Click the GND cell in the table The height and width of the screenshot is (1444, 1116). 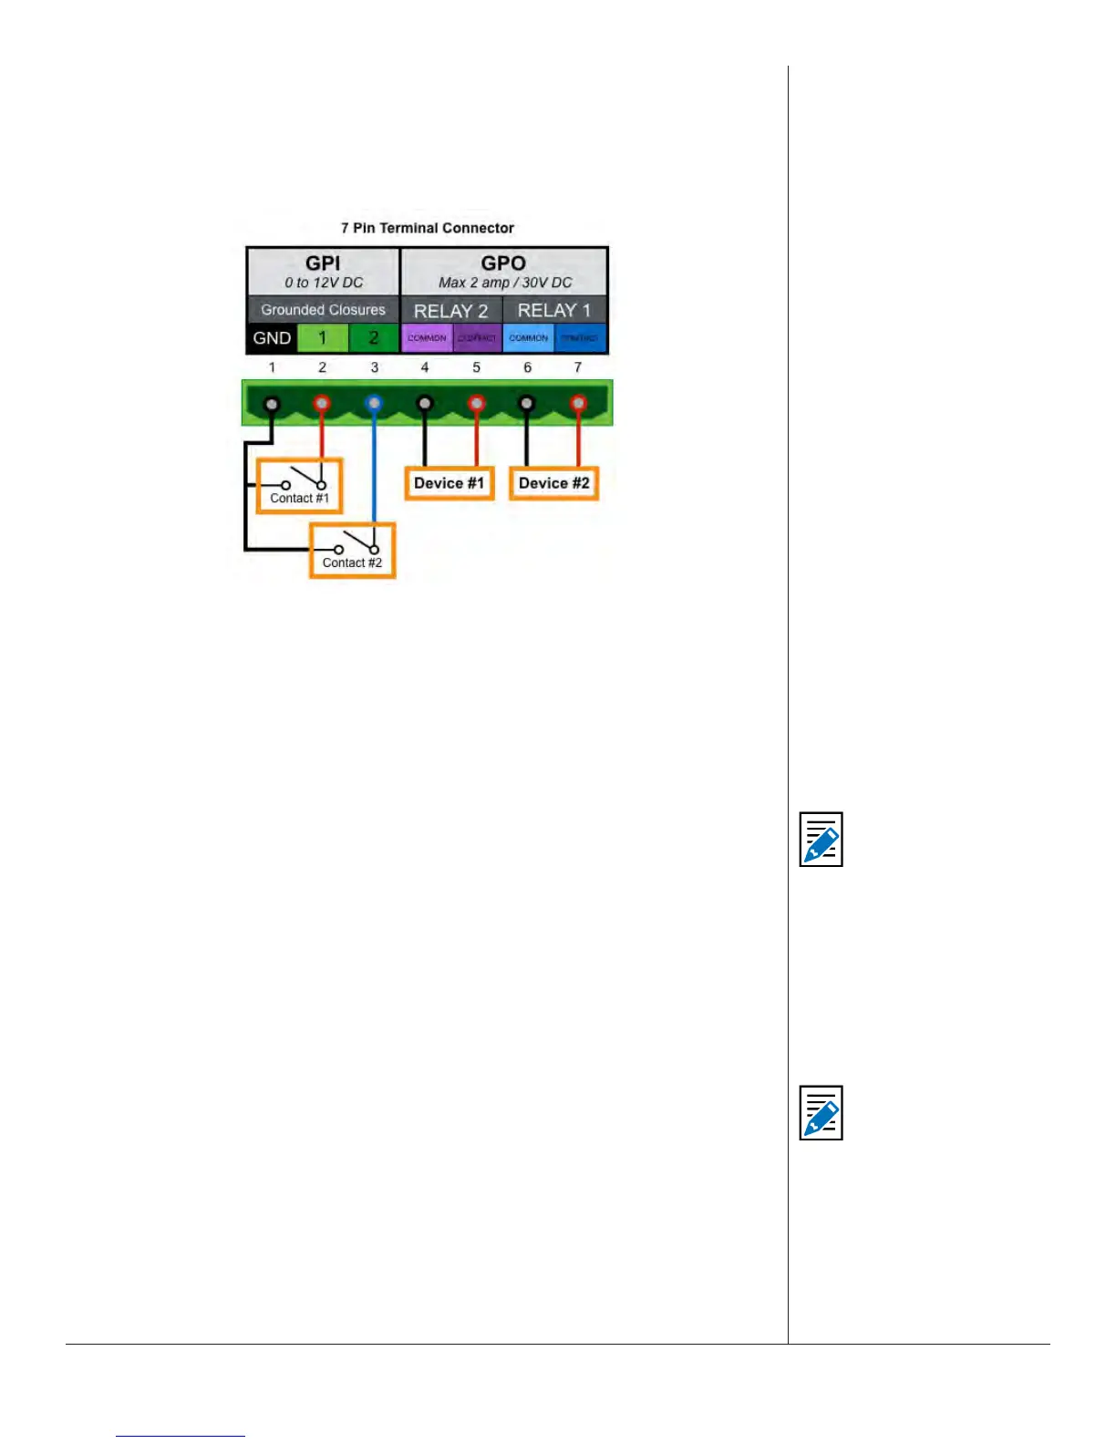point(272,338)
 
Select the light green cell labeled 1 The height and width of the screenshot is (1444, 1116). point(322,338)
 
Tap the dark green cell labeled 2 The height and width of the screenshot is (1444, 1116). point(374,338)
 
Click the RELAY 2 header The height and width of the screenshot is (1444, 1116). point(450,311)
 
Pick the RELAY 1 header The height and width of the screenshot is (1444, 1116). point(554,311)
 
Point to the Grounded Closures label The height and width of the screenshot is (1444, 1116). point(323,310)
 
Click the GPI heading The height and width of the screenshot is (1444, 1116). point(323,263)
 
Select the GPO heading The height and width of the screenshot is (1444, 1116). point(503,263)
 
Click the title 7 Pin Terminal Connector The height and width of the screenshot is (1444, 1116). point(428,228)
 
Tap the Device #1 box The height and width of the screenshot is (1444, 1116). point(449,483)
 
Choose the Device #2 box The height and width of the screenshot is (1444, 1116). point(553,483)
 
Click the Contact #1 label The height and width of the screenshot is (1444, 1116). point(299,499)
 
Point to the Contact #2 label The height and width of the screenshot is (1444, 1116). point(352,562)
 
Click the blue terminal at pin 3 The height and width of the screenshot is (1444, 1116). point(374,402)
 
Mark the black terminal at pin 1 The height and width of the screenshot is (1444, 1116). point(271,403)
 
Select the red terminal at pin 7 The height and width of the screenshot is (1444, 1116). point(578,402)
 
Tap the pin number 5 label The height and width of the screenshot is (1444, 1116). point(476,367)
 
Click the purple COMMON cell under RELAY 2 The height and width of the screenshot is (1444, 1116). point(427,338)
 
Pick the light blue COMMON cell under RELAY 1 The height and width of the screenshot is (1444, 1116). point(529,338)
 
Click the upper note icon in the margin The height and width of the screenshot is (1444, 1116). point(821,839)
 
